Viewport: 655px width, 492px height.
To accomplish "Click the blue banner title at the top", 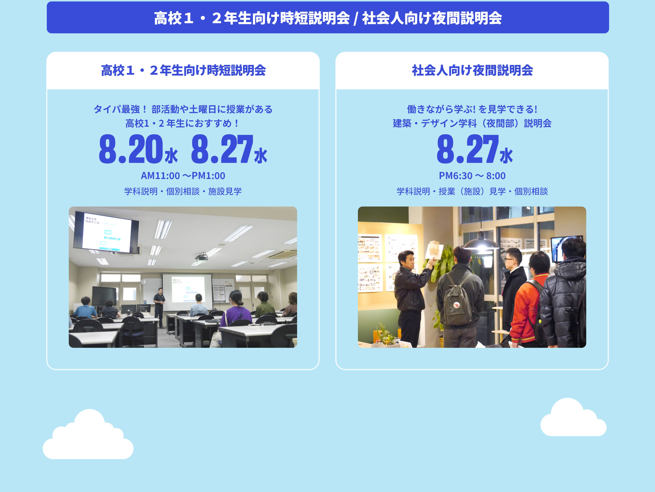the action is pyautogui.click(x=328, y=18).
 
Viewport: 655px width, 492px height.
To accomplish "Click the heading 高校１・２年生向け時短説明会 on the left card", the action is pyautogui.click(x=183, y=71).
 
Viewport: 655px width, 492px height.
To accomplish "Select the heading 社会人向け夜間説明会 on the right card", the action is pyautogui.click(x=472, y=71).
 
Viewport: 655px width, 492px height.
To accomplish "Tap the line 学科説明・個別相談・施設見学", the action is pyautogui.click(x=183, y=191).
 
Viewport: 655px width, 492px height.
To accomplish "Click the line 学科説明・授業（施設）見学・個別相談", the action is pyautogui.click(x=472, y=191).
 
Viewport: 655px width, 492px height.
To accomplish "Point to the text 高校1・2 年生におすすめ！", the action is pyautogui.click(x=183, y=123).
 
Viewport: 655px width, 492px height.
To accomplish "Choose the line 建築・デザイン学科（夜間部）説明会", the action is pyautogui.click(x=472, y=123).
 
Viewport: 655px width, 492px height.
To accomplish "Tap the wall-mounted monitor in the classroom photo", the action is pyautogui.click(x=106, y=232).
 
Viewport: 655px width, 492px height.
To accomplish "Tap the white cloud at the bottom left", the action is pyautogui.click(x=88, y=436).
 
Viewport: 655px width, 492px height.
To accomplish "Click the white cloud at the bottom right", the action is pyautogui.click(x=573, y=418).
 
